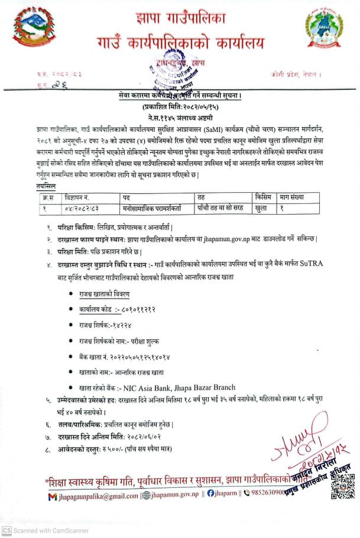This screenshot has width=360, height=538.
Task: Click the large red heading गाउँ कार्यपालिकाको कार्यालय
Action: (x=181, y=42)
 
